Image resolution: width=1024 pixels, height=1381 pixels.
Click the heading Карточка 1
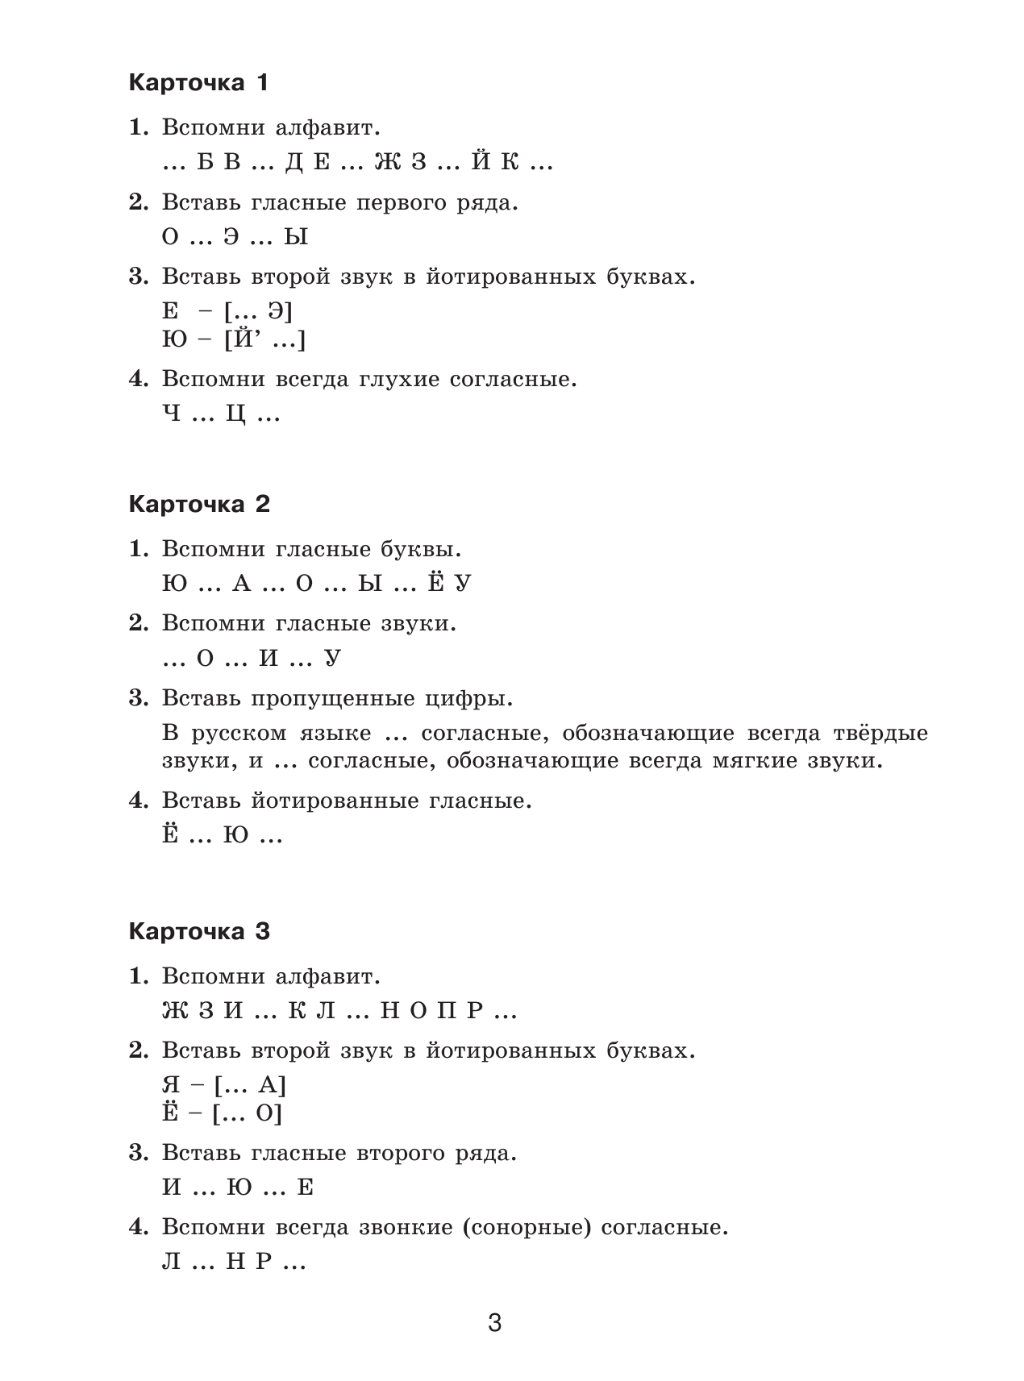pos(198,83)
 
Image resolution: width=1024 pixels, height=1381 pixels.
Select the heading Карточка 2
pos(199,505)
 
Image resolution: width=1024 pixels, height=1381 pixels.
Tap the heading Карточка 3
pos(199,932)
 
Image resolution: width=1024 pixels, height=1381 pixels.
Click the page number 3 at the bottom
pos(495,1323)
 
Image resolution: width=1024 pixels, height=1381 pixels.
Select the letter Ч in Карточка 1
pos(172,416)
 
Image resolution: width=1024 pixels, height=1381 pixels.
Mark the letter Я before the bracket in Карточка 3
pos(172,1086)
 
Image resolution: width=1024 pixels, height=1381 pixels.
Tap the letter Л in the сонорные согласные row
pos(172,1262)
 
